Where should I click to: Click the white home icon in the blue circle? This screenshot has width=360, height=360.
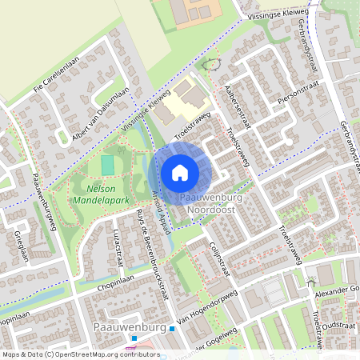(x=180, y=172)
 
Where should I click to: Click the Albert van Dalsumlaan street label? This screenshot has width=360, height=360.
(x=99, y=117)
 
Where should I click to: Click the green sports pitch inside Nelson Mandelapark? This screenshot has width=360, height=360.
(x=108, y=166)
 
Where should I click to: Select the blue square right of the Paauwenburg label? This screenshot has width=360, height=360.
(x=172, y=329)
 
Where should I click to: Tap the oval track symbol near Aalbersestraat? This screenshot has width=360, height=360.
(x=211, y=64)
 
